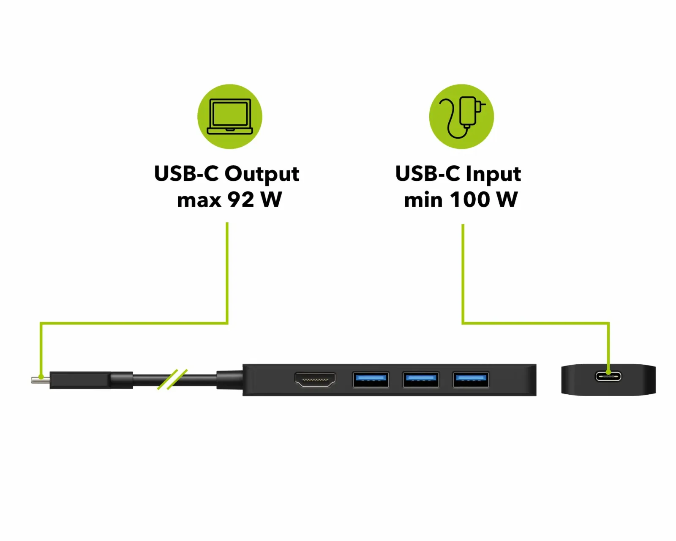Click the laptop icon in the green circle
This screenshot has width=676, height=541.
(229, 117)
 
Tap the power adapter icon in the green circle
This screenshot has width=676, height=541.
(462, 117)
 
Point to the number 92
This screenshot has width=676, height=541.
(241, 199)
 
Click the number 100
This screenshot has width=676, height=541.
(470, 199)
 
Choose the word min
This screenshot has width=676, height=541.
(423, 199)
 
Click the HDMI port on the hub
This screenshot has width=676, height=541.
(315, 380)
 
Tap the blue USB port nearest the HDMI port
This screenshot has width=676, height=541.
(371, 380)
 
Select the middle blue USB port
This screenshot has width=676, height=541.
(421, 380)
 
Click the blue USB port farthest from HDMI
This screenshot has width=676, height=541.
(471, 380)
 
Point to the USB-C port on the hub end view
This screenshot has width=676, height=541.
(608, 376)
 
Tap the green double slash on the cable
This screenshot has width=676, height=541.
(172, 379)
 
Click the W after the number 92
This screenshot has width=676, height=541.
(271, 199)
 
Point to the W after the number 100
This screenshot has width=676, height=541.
(507, 199)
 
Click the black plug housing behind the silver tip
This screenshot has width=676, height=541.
(80, 380)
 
